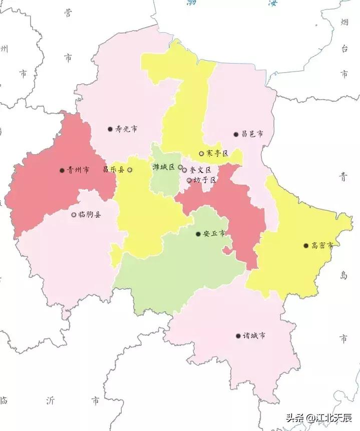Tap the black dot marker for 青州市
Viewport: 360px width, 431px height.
[62, 170]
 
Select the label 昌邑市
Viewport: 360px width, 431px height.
[252, 134]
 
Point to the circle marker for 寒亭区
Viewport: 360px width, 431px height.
[201, 153]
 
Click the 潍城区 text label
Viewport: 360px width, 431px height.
[164, 167]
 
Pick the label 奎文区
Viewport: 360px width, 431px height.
[197, 170]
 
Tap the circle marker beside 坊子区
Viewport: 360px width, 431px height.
[189, 180]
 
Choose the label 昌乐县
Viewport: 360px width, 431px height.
[114, 170]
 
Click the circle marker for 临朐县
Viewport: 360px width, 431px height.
[74, 215]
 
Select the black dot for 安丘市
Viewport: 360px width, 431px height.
[198, 234]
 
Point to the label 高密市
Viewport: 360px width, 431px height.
[322, 246]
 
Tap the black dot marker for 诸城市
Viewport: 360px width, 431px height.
[238, 336]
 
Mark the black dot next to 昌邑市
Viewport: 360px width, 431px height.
[236, 134]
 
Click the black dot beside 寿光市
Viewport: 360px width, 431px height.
[110, 129]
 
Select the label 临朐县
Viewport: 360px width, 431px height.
[90, 215]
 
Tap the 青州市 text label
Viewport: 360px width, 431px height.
[78, 170]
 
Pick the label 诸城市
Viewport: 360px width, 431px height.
[254, 336]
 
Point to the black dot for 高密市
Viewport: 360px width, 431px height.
[306, 246]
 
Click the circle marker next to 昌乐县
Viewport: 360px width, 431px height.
[130, 170]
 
